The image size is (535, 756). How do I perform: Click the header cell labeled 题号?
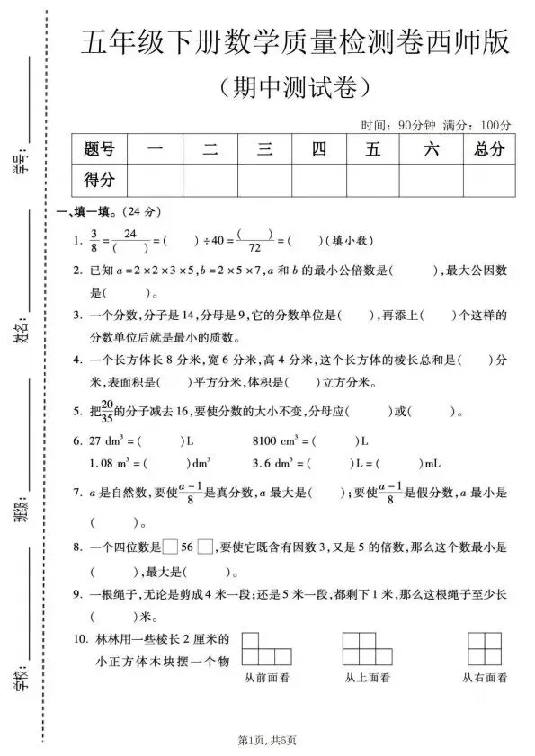pos(99,150)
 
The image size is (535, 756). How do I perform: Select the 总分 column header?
pos(488,150)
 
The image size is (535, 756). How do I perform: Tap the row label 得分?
pos(99,180)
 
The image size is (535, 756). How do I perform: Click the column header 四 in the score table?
pos(319,150)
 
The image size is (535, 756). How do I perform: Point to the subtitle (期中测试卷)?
pos(293,88)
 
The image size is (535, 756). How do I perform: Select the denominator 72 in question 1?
pos(255,249)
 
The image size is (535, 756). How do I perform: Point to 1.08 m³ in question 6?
pos(114,464)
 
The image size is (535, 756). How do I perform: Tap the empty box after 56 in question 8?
pos(206,547)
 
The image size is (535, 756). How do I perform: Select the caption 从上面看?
pos(368,678)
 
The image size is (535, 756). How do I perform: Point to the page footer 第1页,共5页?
pos(267,739)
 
